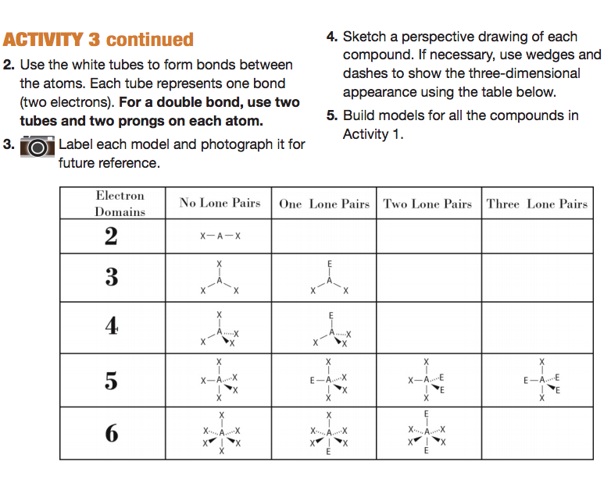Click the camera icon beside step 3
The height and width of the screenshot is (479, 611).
point(37,146)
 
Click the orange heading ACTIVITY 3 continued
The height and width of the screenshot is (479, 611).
point(98,40)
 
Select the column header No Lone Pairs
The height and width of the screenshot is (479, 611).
point(220,204)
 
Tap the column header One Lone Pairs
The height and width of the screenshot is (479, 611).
point(323,204)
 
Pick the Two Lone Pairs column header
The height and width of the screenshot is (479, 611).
point(427,204)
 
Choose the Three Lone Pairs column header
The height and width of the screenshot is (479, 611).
point(536,204)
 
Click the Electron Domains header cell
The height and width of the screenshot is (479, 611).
point(120,204)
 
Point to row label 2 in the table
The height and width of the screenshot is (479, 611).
point(112,236)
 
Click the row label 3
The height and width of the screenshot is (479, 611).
point(112,277)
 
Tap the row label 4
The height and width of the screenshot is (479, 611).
point(112,327)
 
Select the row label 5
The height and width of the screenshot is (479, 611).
point(112,381)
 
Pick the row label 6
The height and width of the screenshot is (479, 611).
point(112,433)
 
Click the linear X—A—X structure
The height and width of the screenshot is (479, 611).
point(220,236)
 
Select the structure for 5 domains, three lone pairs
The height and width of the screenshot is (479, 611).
point(541,380)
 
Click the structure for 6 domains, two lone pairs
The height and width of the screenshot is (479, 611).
point(427,432)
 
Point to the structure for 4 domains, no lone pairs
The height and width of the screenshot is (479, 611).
point(220,328)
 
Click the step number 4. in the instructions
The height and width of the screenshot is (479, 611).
point(331,37)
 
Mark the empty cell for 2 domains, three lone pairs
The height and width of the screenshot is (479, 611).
point(536,236)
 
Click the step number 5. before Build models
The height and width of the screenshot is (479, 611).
point(331,116)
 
